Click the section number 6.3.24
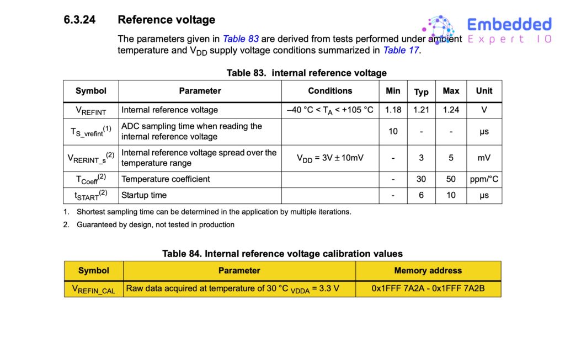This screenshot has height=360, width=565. click(79, 20)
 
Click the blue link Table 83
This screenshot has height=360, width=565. click(241, 39)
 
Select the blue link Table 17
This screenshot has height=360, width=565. click(401, 50)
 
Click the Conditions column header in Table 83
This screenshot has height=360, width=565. click(329, 91)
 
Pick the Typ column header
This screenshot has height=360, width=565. click(421, 92)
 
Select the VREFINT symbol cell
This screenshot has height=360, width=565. click(91, 110)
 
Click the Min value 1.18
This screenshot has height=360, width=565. click(393, 110)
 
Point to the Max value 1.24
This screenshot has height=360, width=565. click(451, 110)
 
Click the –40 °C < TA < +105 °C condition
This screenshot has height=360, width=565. click(330, 110)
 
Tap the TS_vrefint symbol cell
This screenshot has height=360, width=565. click(91, 131)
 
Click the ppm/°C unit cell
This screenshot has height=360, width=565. click(484, 179)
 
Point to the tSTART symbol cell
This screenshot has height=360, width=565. click(91, 195)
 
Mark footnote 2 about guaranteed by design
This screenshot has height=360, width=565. click(154, 224)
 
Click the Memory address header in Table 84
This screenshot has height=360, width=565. click(428, 271)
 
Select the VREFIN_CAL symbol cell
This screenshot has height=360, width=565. click(93, 289)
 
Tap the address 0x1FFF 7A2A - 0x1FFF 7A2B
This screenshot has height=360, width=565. click(428, 288)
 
